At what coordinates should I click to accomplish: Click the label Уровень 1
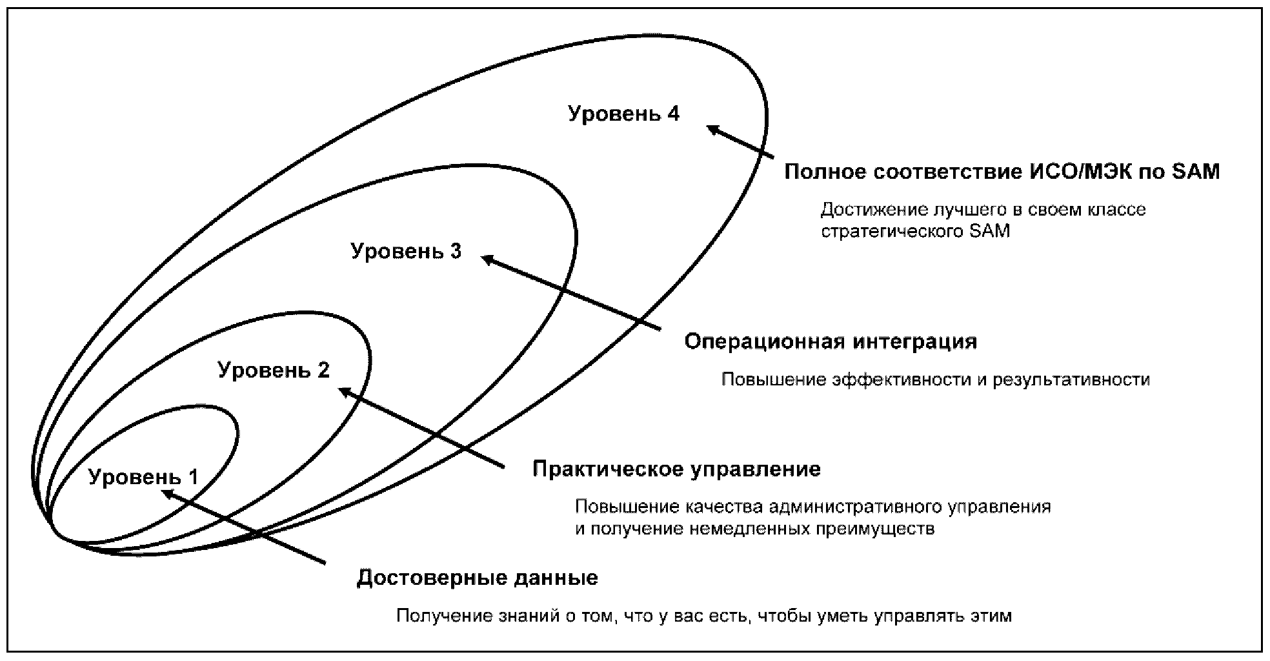(143, 477)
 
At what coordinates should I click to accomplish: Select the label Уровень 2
(274, 371)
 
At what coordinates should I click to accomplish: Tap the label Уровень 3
(406, 250)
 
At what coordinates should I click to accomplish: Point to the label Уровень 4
(623, 114)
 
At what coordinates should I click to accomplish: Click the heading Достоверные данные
(478, 577)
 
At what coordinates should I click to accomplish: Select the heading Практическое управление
(676, 469)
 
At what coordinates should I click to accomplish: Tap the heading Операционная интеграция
(831, 341)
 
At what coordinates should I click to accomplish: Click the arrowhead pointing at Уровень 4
(712, 129)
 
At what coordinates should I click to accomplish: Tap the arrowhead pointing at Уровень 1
(168, 494)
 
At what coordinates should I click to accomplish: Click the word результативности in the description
(1071, 380)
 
